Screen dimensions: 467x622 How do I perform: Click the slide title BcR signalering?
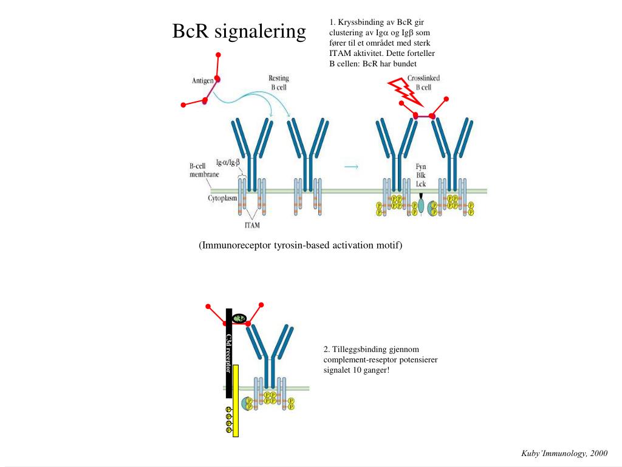tap(239, 31)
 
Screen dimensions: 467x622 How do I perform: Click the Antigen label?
tap(202, 81)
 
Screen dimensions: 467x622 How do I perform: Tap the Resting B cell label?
tap(279, 83)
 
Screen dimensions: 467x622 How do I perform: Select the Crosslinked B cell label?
tap(423, 83)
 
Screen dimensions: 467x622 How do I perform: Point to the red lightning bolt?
tap(402, 91)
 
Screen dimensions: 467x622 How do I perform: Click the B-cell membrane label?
tap(204, 170)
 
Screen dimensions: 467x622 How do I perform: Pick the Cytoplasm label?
tap(222, 198)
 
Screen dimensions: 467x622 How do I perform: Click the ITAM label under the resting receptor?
tap(251, 225)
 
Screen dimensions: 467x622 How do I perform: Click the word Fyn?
tap(420, 167)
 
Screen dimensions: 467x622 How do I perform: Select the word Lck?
tap(420, 184)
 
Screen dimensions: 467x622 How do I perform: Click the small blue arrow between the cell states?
tap(351, 166)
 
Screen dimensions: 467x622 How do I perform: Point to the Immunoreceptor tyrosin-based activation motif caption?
tap(300, 245)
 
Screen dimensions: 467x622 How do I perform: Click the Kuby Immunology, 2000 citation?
tap(564, 454)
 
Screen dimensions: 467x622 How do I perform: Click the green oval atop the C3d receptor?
tap(240, 317)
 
